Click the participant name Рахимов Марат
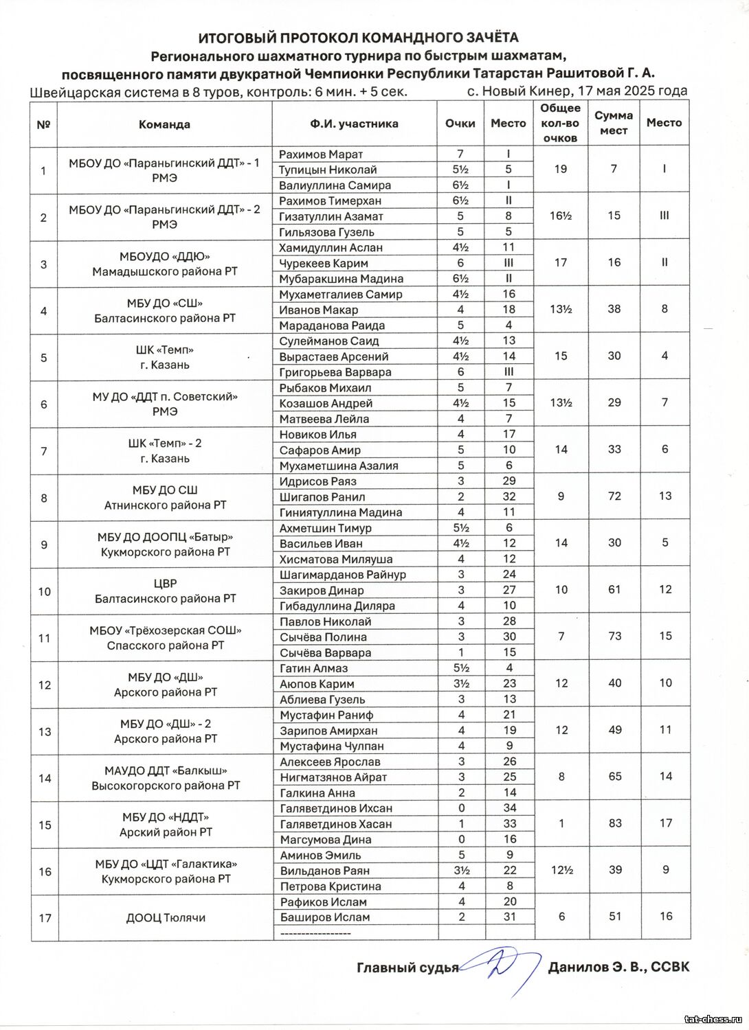click(x=321, y=154)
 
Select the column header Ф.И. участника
click(x=354, y=124)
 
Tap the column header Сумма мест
click(x=614, y=123)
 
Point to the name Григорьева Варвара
click(x=335, y=372)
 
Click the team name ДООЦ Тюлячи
click(x=166, y=917)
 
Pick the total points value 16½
click(x=561, y=216)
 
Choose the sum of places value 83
click(x=615, y=823)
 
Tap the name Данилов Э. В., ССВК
click(x=618, y=968)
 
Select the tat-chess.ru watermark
click(x=714, y=1020)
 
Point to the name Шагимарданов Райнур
click(x=343, y=574)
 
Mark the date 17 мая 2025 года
click(x=632, y=91)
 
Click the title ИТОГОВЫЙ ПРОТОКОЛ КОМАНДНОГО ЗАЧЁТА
click(x=358, y=38)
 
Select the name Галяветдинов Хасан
click(x=336, y=824)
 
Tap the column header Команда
click(x=164, y=124)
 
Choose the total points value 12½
click(x=561, y=870)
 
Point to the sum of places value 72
click(x=614, y=496)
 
